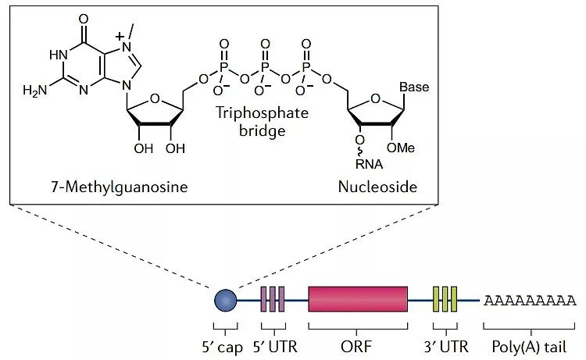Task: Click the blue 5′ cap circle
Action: pos(225,299)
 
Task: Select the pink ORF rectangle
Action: pos(357,299)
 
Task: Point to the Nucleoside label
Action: pos(377,187)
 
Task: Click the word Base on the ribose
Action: pos(414,87)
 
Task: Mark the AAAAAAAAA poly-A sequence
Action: pos(531,300)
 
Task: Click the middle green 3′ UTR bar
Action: pos(445,299)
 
